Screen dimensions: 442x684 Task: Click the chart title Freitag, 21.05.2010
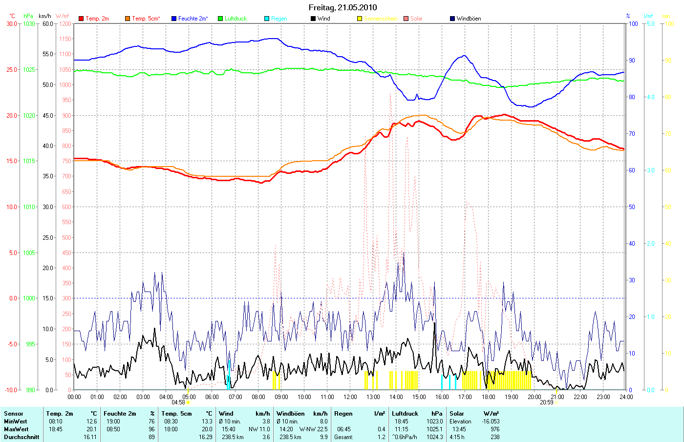[342, 7]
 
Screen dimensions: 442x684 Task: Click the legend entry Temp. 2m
[97, 19]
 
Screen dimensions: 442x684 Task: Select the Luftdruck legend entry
[235, 19]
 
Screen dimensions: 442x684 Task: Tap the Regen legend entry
[279, 19]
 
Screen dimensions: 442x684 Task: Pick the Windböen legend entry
[469, 19]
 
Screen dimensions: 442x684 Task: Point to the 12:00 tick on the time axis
[350, 397]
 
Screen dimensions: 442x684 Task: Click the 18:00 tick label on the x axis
[488, 397]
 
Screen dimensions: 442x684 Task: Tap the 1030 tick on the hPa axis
[29, 23]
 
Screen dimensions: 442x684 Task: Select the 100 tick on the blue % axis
[633, 23]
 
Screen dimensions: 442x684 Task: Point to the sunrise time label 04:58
[178, 402]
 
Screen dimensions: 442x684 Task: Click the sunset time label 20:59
[546, 402]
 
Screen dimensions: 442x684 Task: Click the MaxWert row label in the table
[16, 429]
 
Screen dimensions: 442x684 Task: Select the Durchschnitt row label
[21, 437]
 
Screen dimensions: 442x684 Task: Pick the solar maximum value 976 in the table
[494, 429]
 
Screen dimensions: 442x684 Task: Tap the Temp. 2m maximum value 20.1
[92, 429]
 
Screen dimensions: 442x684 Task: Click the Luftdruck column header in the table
[405, 414]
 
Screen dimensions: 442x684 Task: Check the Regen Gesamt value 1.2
[381, 437]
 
